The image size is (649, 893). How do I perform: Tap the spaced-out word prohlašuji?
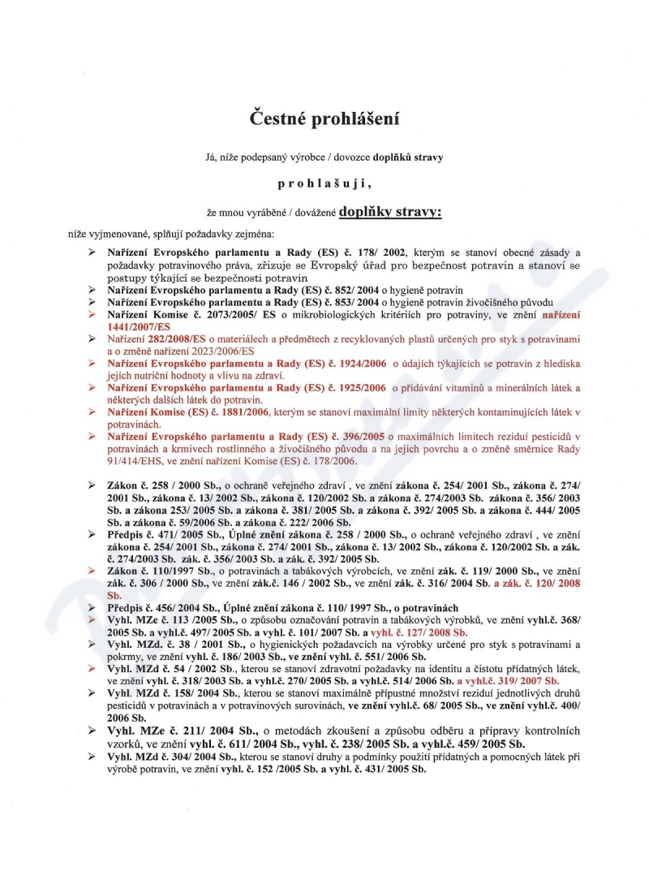click(324, 183)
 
